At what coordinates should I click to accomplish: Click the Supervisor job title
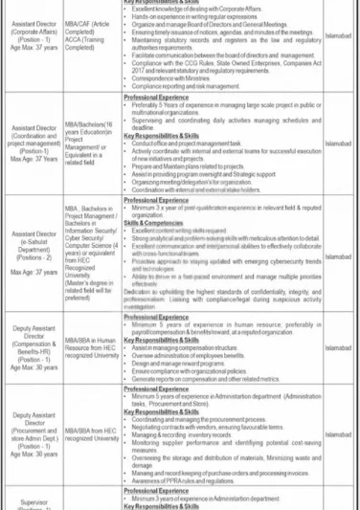click(x=34, y=499)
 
